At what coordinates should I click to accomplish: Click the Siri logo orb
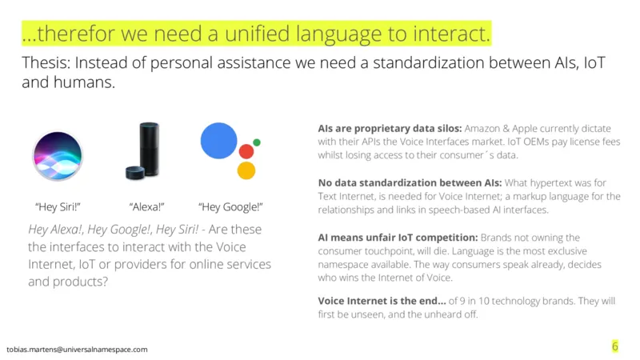click(x=58, y=155)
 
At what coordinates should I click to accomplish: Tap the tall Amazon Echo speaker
click(x=149, y=149)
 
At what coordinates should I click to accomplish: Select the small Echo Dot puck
click(x=135, y=173)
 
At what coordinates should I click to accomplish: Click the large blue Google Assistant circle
click(x=218, y=141)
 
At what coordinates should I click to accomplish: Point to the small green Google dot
click(x=257, y=142)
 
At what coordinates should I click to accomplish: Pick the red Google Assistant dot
click(x=246, y=151)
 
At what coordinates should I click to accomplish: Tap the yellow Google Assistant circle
click(x=246, y=170)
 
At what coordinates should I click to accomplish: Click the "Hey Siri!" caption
click(x=58, y=207)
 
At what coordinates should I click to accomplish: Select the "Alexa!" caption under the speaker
click(x=146, y=207)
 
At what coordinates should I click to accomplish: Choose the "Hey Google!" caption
click(x=230, y=207)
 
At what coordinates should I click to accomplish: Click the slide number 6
click(x=615, y=346)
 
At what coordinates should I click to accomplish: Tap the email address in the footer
click(x=77, y=350)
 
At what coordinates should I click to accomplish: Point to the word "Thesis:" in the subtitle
click(x=46, y=62)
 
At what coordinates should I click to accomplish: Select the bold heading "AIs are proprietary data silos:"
click(x=390, y=129)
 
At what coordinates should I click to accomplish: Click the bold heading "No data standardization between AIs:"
click(x=410, y=183)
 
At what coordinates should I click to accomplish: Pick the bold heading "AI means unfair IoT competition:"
click(x=398, y=238)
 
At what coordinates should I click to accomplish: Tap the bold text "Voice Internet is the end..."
click(x=382, y=301)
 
